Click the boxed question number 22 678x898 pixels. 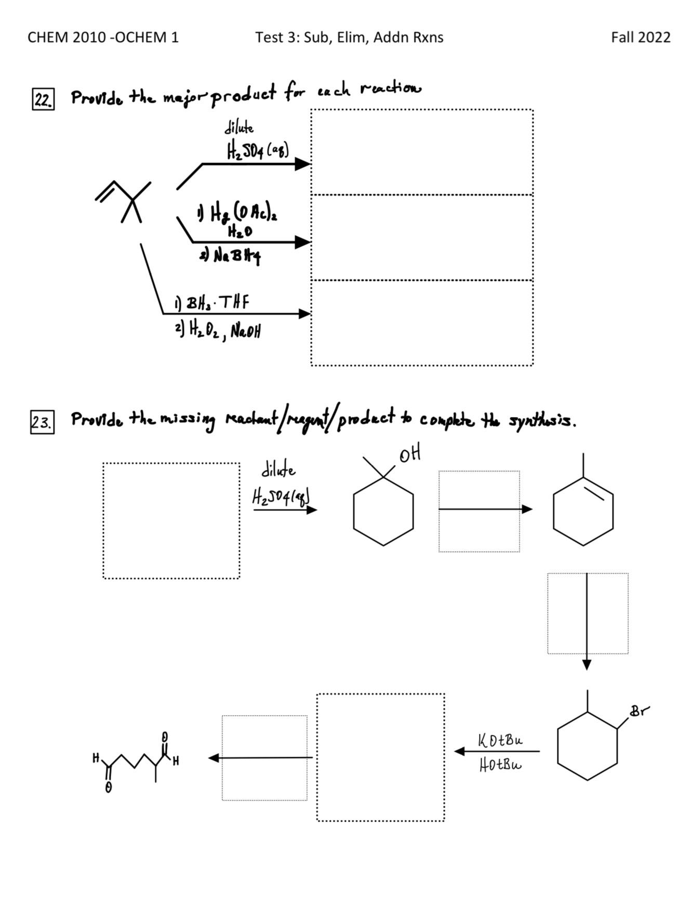click(x=43, y=99)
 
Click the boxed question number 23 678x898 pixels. click(x=42, y=423)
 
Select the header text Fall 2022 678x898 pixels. click(x=640, y=37)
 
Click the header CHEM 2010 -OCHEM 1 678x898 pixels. click(x=103, y=37)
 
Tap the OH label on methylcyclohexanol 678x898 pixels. click(x=410, y=454)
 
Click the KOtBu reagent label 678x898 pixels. click(x=500, y=740)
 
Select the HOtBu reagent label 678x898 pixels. click(x=500, y=765)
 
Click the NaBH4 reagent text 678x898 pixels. click(x=230, y=256)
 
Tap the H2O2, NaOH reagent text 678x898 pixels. click(x=218, y=329)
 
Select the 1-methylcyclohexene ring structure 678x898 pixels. click(x=583, y=509)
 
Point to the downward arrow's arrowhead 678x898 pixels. click(x=587, y=664)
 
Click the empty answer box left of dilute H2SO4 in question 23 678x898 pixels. click(x=171, y=520)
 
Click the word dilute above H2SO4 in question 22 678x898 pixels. click(x=239, y=127)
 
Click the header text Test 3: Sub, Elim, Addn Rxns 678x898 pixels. click(x=349, y=37)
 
